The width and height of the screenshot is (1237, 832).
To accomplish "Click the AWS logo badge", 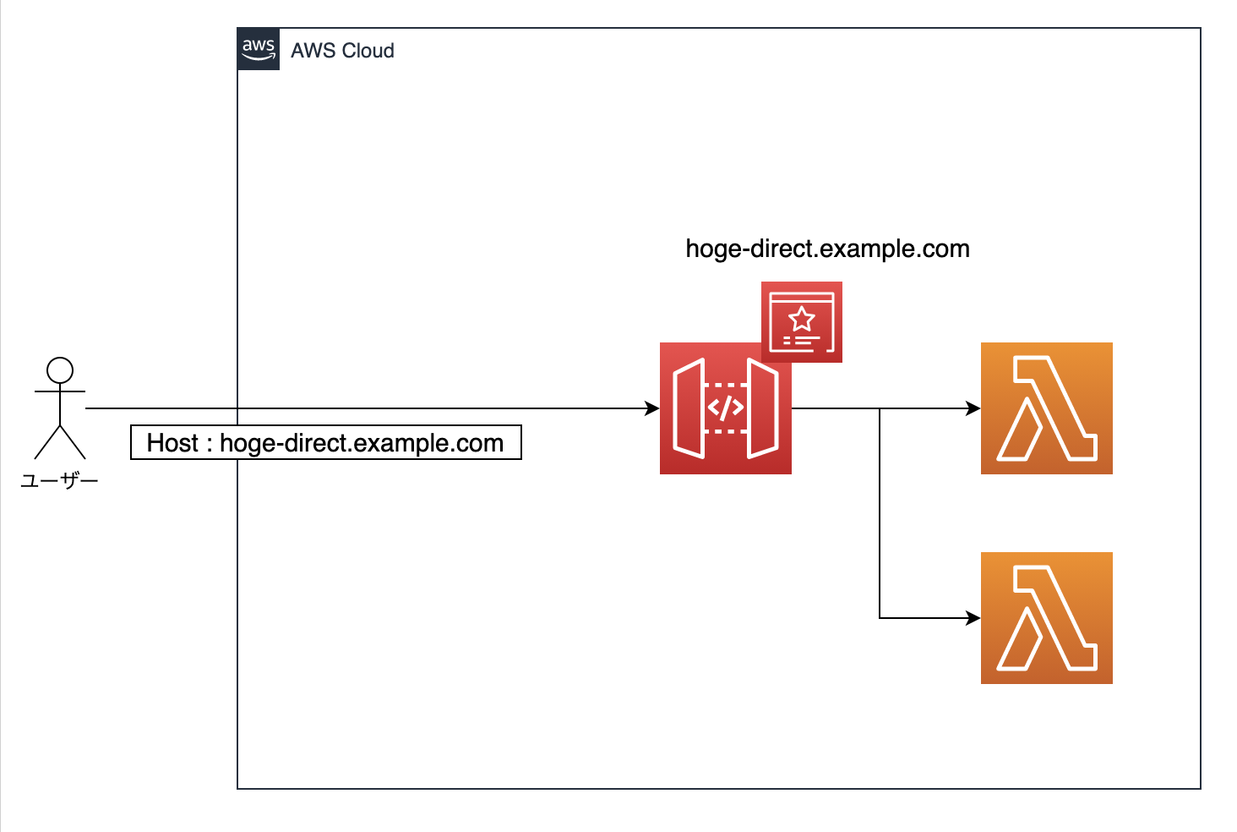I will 259,49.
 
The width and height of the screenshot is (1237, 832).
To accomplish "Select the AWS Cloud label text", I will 342,51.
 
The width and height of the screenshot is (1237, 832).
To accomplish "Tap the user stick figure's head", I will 60,370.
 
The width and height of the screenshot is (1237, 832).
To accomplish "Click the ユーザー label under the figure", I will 59,481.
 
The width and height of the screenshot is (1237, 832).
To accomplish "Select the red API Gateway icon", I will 725,408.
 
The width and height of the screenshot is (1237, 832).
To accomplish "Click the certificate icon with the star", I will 801,322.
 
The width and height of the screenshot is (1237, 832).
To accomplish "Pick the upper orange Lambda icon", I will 1046,408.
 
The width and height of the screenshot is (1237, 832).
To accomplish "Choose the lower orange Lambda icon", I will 1046,618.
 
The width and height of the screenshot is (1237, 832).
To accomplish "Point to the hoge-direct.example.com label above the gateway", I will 827,249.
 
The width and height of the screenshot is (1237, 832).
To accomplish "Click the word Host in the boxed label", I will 172,443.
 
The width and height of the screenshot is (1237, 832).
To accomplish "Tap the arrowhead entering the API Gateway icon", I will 652,408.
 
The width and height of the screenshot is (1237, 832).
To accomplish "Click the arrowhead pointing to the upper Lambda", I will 973,408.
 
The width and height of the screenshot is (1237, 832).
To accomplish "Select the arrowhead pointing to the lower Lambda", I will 973,618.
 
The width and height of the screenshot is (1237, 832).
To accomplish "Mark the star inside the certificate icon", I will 801,319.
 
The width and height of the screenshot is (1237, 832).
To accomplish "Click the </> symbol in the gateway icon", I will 725,408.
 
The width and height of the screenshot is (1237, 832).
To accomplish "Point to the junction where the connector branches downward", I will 880,408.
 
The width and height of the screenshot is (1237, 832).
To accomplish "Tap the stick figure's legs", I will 60,441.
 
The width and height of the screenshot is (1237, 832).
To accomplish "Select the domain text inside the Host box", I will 362,443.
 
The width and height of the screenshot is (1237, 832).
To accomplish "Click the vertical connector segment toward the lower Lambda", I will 880,516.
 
